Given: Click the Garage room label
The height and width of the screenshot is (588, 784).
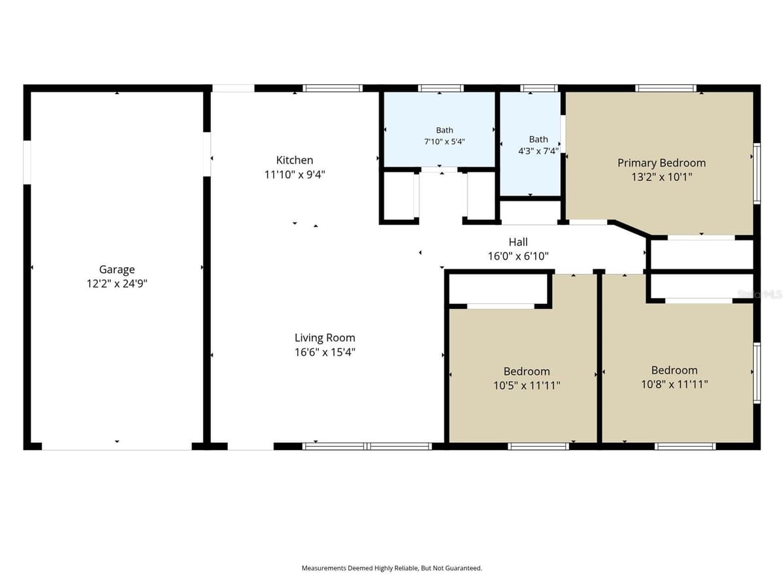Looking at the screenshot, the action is (x=117, y=269).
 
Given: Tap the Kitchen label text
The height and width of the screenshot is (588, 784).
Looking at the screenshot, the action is (x=294, y=160).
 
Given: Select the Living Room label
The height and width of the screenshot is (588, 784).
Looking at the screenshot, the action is (x=325, y=337).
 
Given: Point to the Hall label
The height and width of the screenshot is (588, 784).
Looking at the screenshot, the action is (x=518, y=242).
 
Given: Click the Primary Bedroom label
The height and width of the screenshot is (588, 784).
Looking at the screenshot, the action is (x=661, y=163).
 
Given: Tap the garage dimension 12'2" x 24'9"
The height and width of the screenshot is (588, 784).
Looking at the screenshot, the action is (x=117, y=284).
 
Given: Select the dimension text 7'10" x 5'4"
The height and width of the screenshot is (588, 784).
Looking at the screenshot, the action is (x=444, y=141).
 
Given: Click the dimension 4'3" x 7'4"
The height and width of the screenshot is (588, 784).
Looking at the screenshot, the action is (x=538, y=151).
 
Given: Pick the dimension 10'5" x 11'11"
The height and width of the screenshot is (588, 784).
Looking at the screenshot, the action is (x=527, y=385).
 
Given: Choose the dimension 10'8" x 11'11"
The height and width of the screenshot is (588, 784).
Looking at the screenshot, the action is (x=674, y=385).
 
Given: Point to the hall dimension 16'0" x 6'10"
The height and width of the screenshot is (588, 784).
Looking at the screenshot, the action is (x=518, y=256).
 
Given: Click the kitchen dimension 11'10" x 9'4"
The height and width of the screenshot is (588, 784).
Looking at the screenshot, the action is (x=294, y=174).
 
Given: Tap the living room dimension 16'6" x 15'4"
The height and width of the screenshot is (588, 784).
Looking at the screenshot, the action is (x=325, y=352).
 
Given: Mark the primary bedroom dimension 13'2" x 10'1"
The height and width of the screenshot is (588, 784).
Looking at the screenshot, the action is (x=661, y=177).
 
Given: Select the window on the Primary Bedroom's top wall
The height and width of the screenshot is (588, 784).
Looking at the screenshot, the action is (x=665, y=88).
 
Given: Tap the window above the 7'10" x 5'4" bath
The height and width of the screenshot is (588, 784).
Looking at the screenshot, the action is (x=441, y=88).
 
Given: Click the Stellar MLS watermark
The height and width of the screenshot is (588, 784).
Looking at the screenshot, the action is (x=760, y=294).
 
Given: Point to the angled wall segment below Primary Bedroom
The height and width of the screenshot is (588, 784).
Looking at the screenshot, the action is (x=630, y=229).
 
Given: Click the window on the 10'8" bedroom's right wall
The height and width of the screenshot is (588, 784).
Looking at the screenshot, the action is (x=757, y=372).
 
